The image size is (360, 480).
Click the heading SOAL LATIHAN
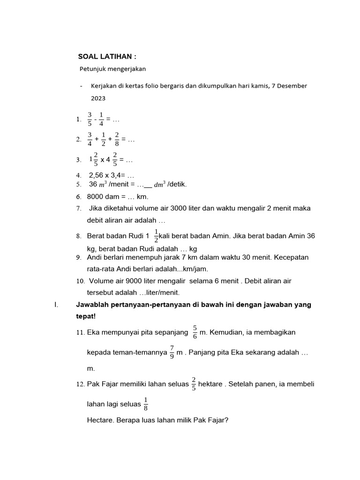(107, 57)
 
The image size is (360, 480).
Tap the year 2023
(98, 98)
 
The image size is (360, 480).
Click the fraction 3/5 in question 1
(90, 119)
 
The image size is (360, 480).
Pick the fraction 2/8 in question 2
(117, 139)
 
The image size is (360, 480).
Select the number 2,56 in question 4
(97, 175)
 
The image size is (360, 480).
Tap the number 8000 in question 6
(96, 196)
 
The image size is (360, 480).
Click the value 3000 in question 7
(180, 208)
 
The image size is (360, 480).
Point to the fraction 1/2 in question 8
(156, 236)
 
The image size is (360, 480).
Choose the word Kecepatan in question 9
(292, 257)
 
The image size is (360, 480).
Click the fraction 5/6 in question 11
(195, 332)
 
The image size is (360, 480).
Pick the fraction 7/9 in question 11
(172, 352)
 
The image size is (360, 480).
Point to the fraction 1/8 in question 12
(145, 404)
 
